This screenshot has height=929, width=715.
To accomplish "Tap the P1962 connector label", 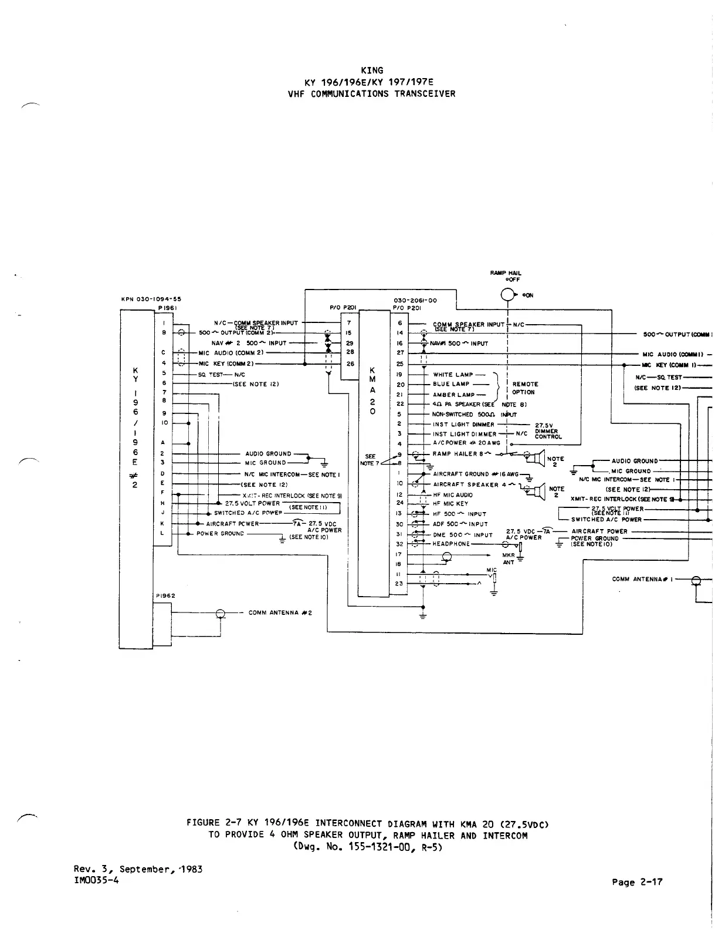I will (x=166, y=595).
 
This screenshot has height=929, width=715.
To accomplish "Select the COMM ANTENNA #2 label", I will (x=280, y=613).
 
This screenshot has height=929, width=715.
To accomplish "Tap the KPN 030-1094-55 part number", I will (x=151, y=299).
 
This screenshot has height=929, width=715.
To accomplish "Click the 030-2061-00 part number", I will (x=415, y=300).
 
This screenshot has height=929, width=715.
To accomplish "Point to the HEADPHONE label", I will (x=451, y=544).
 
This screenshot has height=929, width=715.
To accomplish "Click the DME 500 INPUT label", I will (x=462, y=535).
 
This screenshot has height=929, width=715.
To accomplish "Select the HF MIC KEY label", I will (x=450, y=503).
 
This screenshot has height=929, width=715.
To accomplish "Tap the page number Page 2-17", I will (x=637, y=881).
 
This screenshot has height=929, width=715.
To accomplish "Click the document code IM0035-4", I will (x=96, y=879).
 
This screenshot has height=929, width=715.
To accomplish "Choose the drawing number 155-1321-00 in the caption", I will (x=374, y=847).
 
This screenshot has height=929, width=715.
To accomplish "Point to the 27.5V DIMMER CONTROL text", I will (x=548, y=431).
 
